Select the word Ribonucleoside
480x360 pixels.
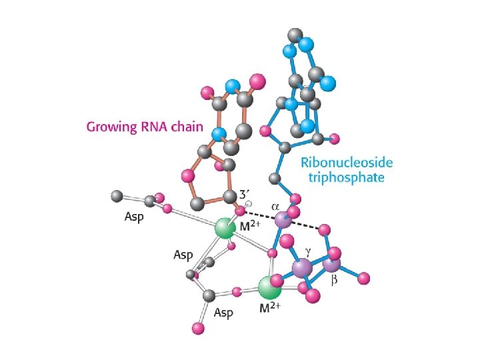tap(347, 163)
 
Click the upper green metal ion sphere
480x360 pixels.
tap(225, 229)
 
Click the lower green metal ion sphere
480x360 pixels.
tap(269, 288)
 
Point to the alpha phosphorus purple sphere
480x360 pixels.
tap(283, 218)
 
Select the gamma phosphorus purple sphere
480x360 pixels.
tap(302, 268)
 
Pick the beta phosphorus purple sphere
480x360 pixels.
tap(331, 265)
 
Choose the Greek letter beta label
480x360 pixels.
tap(335, 280)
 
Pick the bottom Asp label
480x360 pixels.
tap(224, 311)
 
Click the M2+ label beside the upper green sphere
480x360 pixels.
tap(249, 227)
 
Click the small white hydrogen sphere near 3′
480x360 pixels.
tap(248, 205)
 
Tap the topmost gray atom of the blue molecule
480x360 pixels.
tap(294, 35)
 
